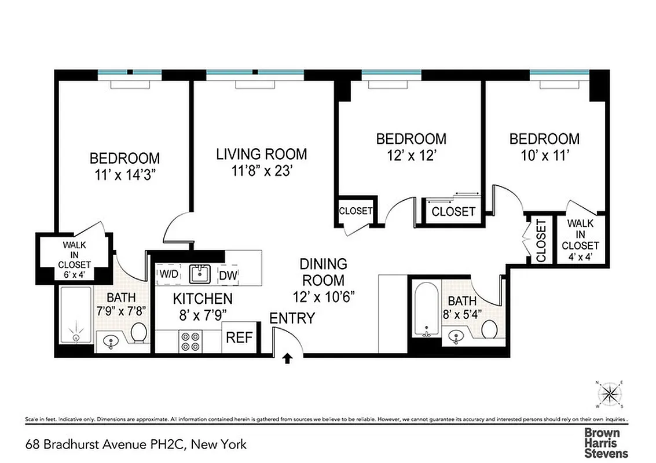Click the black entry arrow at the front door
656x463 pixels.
pos(287,359)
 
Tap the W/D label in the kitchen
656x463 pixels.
pos(169,274)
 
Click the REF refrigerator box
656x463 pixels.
pos(239,337)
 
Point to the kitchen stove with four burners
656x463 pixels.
pos(189,341)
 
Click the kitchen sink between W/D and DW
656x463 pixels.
pos(200,274)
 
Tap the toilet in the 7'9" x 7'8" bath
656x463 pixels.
pos(138,333)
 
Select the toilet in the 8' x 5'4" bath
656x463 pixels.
pos(489,330)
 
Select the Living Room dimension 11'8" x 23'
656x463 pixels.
pos(262,171)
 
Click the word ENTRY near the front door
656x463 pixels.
pos(292,318)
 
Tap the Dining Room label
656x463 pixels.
pos(323,272)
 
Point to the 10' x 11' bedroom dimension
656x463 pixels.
pos(544,156)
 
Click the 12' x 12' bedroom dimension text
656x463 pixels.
pos(411,156)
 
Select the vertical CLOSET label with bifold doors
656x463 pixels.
pos(541,241)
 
